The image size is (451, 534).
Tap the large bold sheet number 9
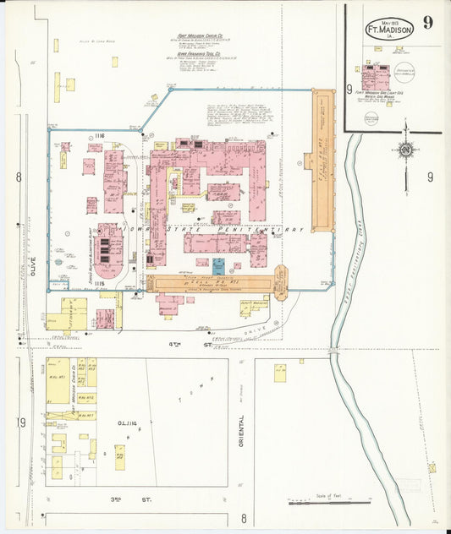(429, 22)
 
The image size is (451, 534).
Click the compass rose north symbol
(406, 151)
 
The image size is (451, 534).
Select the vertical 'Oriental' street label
(242, 433)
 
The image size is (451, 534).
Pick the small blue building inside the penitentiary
(218, 266)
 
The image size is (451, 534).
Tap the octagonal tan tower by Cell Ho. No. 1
(281, 282)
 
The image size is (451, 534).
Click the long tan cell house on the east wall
(323, 161)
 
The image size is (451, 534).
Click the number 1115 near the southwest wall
(100, 283)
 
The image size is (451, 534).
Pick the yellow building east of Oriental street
(279, 373)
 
